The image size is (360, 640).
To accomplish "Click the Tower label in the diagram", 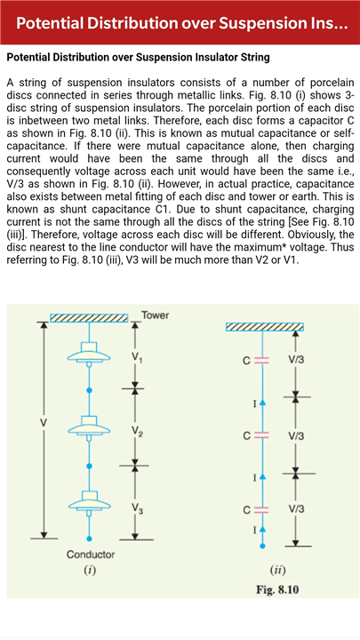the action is [x=155, y=315].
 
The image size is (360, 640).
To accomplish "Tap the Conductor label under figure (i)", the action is [x=91, y=555].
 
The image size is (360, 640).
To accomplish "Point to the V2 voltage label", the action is [x=137, y=431].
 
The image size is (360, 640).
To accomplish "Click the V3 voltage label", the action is [x=137, y=508].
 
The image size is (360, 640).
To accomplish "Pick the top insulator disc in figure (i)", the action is [x=90, y=353].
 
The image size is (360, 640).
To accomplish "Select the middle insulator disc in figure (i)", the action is [x=90, y=426].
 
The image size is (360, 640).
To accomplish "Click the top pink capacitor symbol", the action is [x=262, y=360].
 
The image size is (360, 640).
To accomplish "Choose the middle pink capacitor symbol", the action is [x=262, y=436].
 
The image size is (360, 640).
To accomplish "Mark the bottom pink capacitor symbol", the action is [x=262, y=509].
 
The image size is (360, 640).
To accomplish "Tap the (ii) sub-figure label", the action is [x=277, y=570].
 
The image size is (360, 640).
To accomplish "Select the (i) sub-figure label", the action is [x=90, y=570].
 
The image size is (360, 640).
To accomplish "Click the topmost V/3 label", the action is [x=296, y=360].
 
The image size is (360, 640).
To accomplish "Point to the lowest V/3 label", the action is [x=296, y=509].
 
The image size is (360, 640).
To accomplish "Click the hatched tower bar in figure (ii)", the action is [x=265, y=326].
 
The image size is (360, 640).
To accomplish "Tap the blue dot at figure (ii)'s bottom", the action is [x=262, y=546].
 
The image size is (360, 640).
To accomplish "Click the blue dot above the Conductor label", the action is [x=90, y=539].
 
